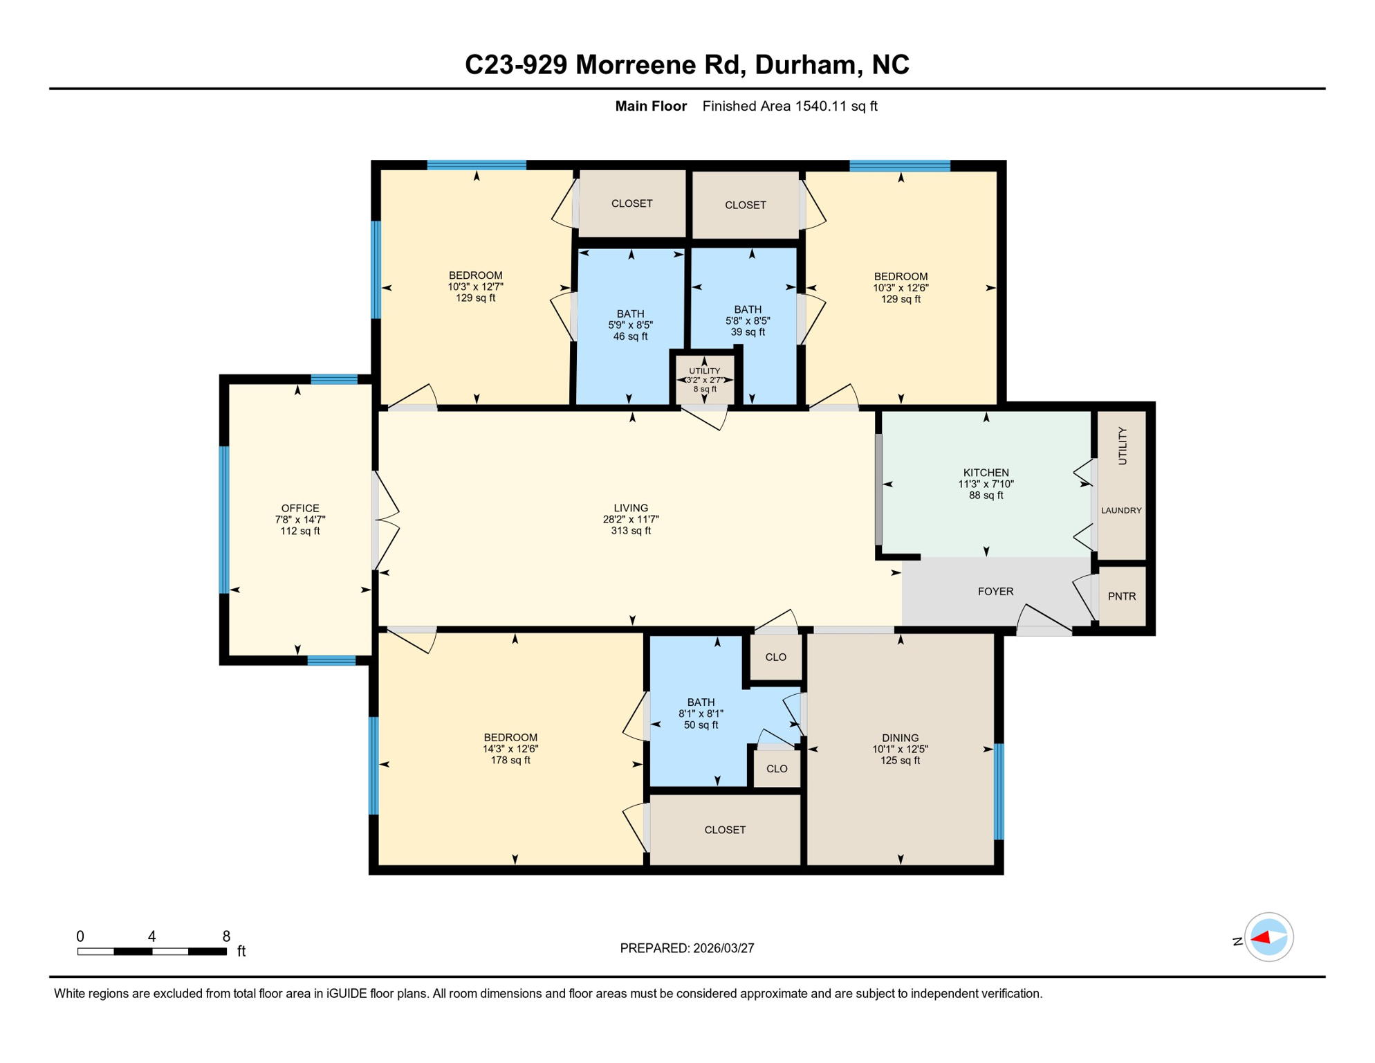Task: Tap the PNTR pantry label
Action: [1121, 596]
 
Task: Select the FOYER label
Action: [995, 591]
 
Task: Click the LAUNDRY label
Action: [1120, 510]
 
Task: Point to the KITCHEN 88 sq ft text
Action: [986, 484]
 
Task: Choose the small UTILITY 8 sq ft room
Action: [704, 380]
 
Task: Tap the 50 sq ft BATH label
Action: [701, 713]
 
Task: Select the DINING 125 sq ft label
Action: [900, 749]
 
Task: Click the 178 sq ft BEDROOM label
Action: [510, 748]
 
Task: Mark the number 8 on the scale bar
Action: [226, 936]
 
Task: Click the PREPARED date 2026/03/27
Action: [687, 947]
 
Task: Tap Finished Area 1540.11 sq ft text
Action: [789, 106]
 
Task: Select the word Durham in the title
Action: [806, 64]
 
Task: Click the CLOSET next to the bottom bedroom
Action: [724, 829]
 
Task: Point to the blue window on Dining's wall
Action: [998, 791]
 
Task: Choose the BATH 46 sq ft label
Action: [630, 325]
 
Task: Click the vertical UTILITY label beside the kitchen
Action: [1122, 446]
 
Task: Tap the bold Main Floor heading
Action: [650, 106]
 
